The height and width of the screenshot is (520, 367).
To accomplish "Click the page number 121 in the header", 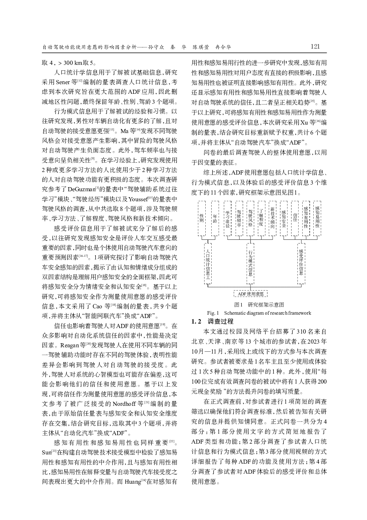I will point(315,47).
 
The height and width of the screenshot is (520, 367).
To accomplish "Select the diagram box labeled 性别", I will point(202,218).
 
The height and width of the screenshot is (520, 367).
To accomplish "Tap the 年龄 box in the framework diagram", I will point(215,218).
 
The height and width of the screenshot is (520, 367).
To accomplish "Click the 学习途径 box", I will point(228,218).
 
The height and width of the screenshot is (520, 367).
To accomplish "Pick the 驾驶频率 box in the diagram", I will point(239,218).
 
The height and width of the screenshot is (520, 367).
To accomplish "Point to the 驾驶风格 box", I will point(250,218).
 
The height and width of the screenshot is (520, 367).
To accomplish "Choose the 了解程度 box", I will point(261,218).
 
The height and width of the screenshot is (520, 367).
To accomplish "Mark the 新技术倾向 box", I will point(272,218).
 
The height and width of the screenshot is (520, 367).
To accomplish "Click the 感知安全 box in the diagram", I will point(284,218).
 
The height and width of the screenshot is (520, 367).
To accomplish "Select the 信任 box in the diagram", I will point(295,218).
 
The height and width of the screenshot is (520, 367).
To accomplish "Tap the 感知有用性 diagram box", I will point(306,218).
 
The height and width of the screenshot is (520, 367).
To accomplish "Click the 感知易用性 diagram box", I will point(317,218).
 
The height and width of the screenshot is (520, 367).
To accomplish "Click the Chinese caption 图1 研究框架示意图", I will point(259,305).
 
